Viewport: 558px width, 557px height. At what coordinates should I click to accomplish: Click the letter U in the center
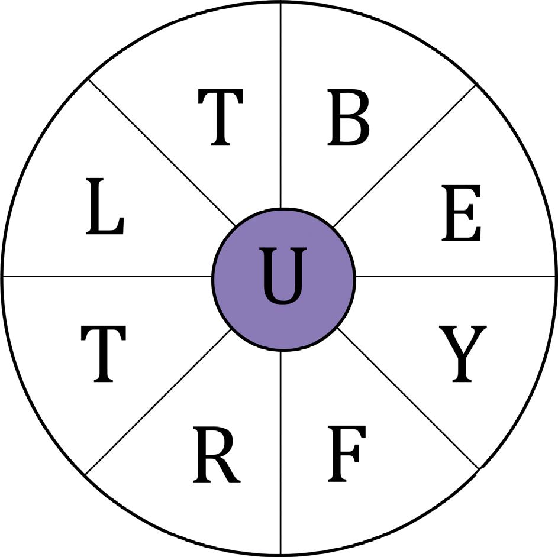[x=283, y=277]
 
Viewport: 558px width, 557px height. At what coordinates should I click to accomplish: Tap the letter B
[x=349, y=118]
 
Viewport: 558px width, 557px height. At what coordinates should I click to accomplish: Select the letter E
[x=461, y=213]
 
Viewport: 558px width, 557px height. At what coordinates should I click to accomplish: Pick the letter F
[x=347, y=454]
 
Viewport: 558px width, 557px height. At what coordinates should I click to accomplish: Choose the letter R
[x=216, y=454]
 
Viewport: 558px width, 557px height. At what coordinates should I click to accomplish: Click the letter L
[x=105, y=208]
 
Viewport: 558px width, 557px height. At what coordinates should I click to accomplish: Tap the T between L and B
[x=220, y=118]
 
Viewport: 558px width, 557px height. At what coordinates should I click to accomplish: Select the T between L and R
[x=104, y=354]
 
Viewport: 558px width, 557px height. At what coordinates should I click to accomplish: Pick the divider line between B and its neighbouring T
[x=280, y=106]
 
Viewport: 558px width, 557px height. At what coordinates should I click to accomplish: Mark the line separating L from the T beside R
[x=107, y=276]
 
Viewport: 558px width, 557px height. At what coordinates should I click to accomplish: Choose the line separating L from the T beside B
[x=160, y=151]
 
